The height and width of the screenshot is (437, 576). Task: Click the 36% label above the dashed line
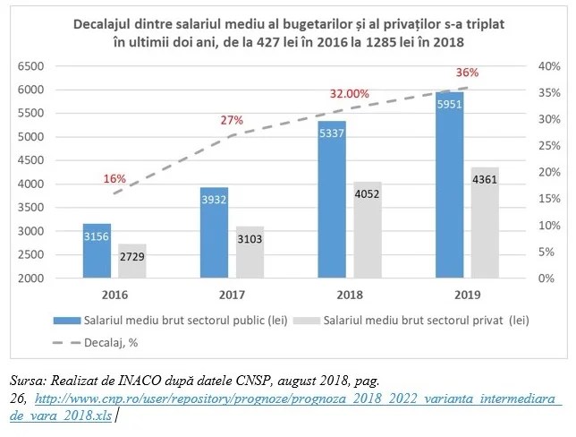click(x=468, y=73)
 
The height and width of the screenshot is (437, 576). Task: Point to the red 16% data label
click(x=114, y=178)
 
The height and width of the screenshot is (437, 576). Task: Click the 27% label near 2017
click(x=233, y=120)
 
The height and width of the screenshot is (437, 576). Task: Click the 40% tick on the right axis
click(x=548, y=66)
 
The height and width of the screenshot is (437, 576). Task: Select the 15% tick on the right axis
click(x=548, y=199)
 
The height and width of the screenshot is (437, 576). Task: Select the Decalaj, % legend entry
click(x=111, y=340)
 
